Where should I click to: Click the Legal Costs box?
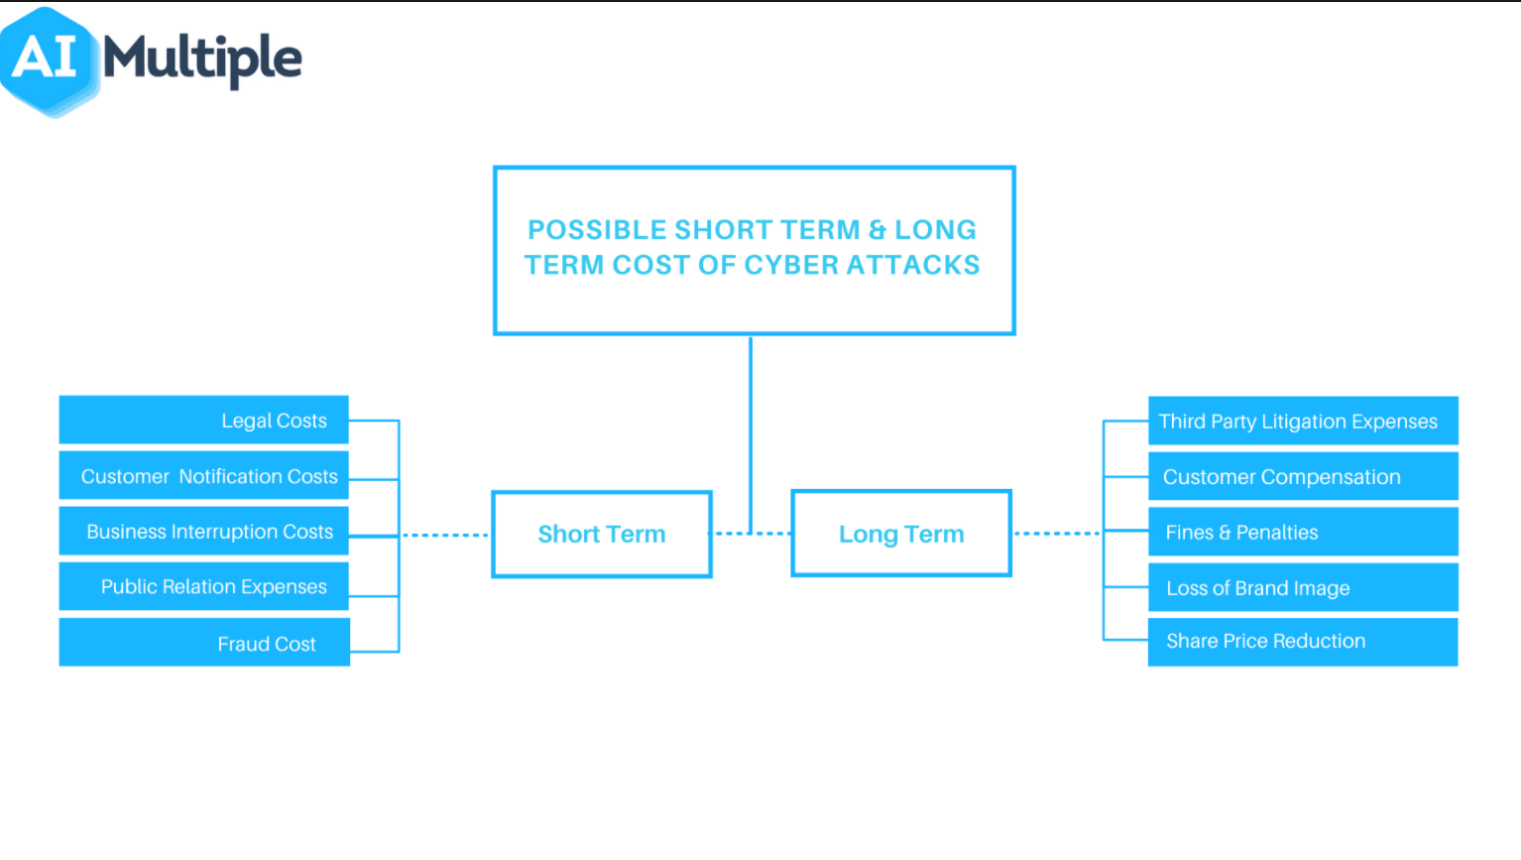click(x=204, y=420)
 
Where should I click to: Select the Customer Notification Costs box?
click(x=204, y=476)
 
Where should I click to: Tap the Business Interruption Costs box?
click(x=204, y=531)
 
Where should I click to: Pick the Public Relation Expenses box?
click(x=204, y=586)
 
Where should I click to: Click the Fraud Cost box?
click(x=204, y=643)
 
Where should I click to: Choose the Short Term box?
click(x=602, y=534)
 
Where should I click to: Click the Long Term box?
click(x=901, y=534)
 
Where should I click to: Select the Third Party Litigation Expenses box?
click(x=1302, y=421)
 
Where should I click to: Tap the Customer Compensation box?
click(x=1302, y=476)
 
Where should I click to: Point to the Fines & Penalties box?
click(x=1302, y=532)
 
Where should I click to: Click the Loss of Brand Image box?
click(x=1302, y=587)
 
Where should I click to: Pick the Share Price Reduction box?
click(x=1302, y=641)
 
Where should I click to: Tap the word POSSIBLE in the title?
click(x=596, y=229)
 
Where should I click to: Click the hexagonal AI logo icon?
click(x=47, y=59)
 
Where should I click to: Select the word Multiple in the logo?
click(x=202, y=59)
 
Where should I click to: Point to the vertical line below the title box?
click(x=751, y=417)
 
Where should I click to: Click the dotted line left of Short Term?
click(x=445, y=535)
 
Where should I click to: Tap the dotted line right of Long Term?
click(x=1057, y=534)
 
